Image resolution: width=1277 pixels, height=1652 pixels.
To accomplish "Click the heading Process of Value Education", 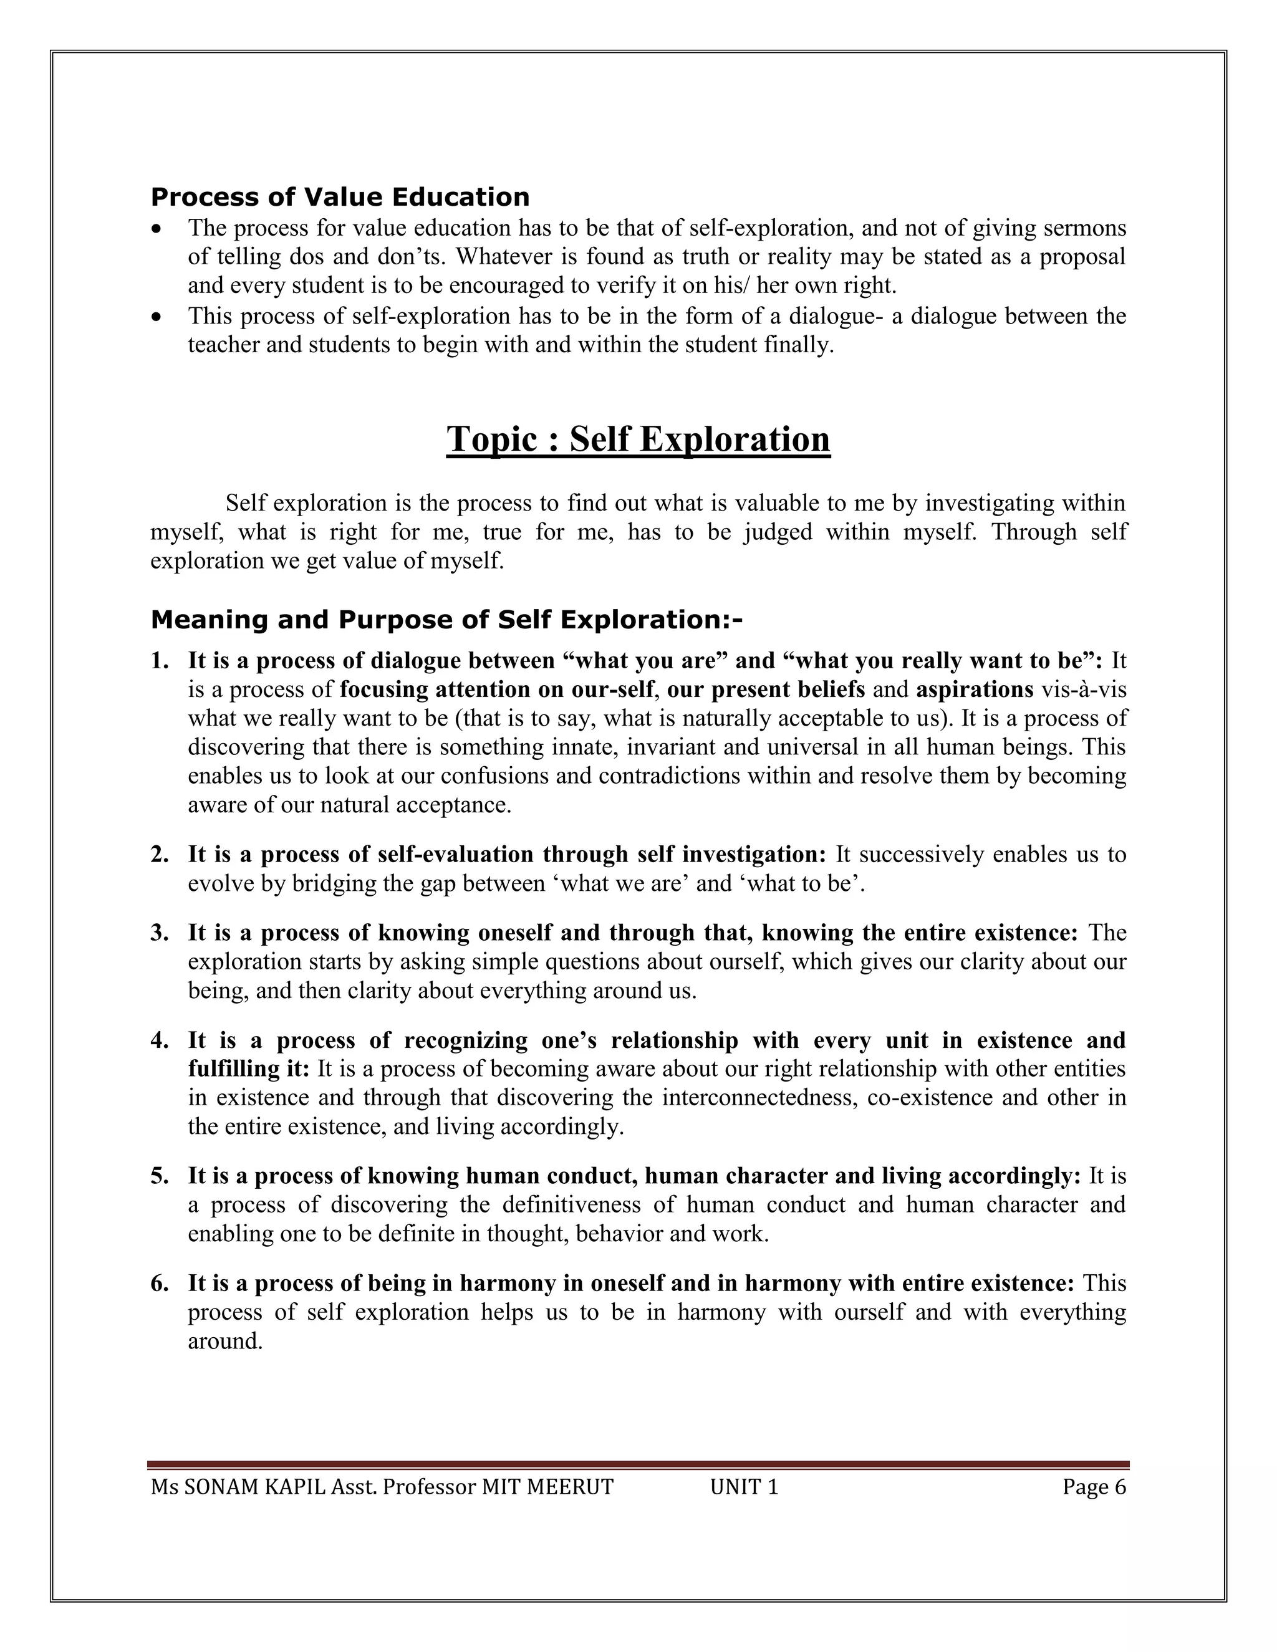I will pyautogui.click(x=340, y=198).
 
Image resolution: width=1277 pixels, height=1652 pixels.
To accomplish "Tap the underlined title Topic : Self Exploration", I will pyautogui.click(x=638, y=439).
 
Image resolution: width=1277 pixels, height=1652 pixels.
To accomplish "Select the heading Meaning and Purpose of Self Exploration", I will pyautogui.click(x=446, y=620).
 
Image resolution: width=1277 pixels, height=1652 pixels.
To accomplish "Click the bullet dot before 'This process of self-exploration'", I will pyautogui.click(x=157, y=316).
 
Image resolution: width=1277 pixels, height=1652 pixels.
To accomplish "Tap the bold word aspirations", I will pyautogui.click(x=975, y=690).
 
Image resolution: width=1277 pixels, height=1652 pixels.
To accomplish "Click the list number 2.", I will pyautogui.click(x=158, y=855).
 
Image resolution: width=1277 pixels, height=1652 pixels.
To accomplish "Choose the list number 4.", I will pyautogui.click(x=158, y=1041).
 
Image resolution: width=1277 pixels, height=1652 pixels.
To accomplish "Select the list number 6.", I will pyautogui.click(x=158, y=1284).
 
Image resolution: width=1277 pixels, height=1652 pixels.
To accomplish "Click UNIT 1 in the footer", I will pyautogui.click(x=744, y=1488).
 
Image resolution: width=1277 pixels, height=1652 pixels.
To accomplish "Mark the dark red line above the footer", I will pyautogui.click(x=638, y=1465).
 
